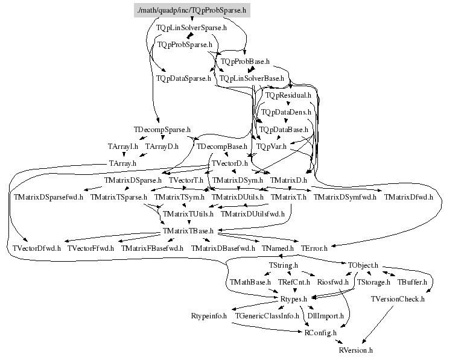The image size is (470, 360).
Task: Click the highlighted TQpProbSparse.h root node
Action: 191,10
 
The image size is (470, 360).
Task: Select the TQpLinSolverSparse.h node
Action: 191,28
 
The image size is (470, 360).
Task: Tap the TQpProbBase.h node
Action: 244,62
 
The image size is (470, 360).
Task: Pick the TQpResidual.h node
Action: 288,95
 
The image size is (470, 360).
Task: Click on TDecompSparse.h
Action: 162,130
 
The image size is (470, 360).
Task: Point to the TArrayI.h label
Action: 123,147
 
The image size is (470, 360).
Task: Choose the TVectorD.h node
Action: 228,163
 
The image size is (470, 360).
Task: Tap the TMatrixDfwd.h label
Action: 408,197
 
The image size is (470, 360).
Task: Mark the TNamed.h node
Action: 278,248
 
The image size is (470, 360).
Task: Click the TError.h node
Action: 314,248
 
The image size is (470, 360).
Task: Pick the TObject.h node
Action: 363,265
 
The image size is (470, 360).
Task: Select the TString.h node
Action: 283,265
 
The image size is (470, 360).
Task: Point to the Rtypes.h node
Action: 294,298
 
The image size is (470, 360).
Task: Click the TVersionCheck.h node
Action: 397,298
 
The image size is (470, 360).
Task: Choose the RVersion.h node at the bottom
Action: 355,349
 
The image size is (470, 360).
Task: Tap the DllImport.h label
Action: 325,315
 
